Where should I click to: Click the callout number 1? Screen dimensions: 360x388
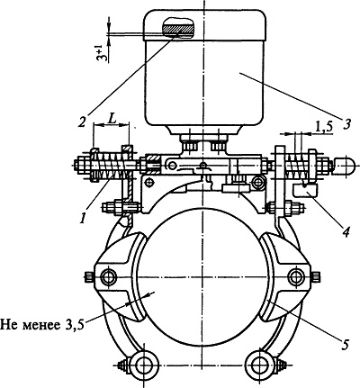click(83, 218)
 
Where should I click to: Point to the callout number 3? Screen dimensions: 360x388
click(347, 123)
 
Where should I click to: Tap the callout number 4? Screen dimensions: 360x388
click(346, 231)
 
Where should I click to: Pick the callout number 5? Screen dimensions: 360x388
click(345, 344)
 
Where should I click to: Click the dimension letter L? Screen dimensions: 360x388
click(112, 120)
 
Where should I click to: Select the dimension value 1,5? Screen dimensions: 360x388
click(324, 127)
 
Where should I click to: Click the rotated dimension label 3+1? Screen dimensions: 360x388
click(102, 53)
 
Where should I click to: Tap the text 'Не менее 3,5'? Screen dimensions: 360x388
click(41, 324)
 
